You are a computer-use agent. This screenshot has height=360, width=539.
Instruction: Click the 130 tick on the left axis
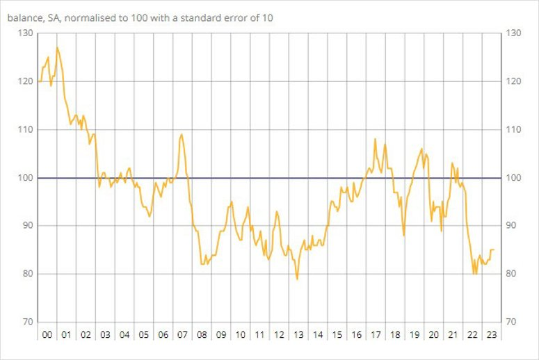click(25, 33)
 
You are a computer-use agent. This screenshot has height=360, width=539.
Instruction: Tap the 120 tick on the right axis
click(515, 81)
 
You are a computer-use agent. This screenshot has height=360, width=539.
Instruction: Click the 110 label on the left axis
click(25, 129)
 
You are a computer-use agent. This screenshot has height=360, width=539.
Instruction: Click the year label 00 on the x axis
click(47, 335)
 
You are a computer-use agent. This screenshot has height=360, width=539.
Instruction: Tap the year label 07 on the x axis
click(182, 335)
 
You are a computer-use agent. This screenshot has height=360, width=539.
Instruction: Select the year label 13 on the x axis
click(298, 335)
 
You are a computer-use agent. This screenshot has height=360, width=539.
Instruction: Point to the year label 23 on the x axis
click(490, 335)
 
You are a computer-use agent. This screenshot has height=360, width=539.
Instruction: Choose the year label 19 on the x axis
click(413, 335)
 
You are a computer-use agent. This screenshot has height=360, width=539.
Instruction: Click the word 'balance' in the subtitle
click(26, 18)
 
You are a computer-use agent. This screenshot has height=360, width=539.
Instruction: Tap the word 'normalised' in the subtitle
click(92, 18)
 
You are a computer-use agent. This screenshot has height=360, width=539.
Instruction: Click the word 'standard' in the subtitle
click(205, 18)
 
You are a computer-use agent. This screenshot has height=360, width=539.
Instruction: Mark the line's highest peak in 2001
click(57, 47)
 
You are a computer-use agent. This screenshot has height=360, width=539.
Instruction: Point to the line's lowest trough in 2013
click(297, 279)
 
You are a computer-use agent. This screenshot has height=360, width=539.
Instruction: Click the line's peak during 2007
click(182, 134)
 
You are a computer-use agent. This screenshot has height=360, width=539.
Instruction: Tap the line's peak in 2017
click(376, 139)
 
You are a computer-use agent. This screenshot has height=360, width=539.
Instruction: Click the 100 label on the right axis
click(515, 178)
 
